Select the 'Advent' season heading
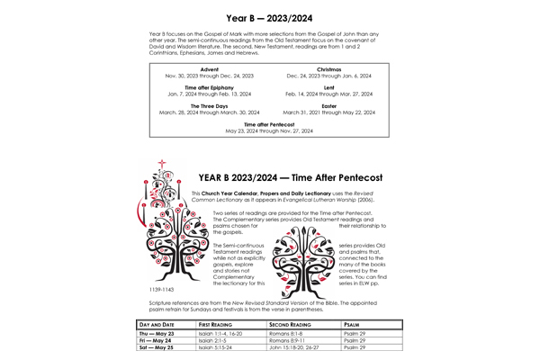[x=210, y=68]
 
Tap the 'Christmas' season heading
[x=328, y=68]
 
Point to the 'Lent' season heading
[x=328, y=87]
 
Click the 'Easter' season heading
[x=328, y=106]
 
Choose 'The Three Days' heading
[x=209, y=106]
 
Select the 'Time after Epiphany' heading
[x=209, y=87]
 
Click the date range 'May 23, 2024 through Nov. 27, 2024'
[x=269, y=130]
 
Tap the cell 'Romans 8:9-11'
[x=289, y=342]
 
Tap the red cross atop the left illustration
[x=162, y=165]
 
